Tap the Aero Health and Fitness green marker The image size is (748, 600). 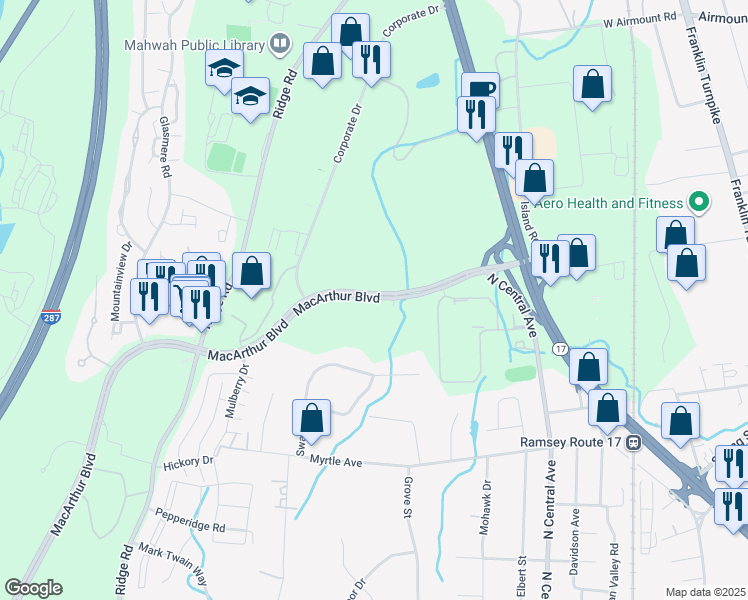(x=699, y=203)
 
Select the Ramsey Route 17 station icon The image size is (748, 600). (x=633, y=443)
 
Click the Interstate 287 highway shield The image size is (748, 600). (x=52, y=319)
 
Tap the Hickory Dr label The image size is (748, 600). (x=193, y=461)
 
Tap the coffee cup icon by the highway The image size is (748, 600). (x=480, y=87)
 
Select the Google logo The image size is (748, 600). (x=33, y=588)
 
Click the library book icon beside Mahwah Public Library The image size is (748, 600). (x=280, y=44)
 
